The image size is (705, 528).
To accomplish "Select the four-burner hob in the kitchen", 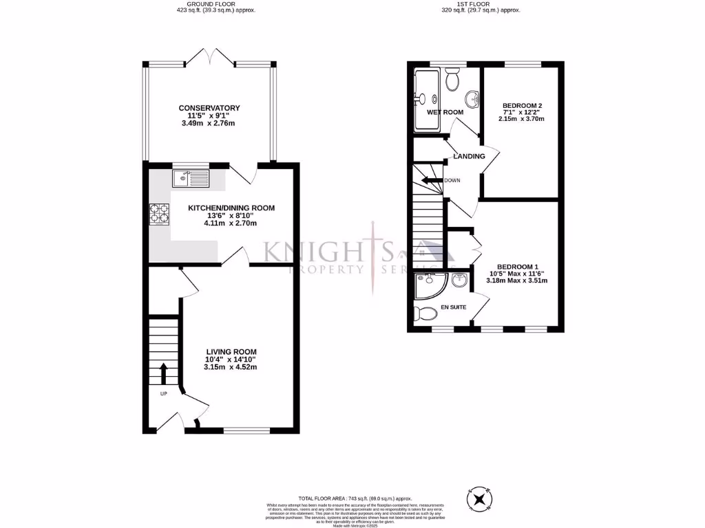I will tap(160, 214).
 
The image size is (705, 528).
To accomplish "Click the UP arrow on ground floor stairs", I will tap(164, 375).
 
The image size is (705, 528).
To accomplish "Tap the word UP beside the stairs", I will tap(164, 394).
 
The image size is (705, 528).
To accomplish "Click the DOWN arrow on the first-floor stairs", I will tap(432, 181).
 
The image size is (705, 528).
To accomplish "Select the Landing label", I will tap(469, 156).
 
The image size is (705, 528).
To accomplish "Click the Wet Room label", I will tap(445, 112).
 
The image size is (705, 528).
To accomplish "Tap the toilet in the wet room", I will tap(452, 80).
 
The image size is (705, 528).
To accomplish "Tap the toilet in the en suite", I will tap(427, 315).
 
